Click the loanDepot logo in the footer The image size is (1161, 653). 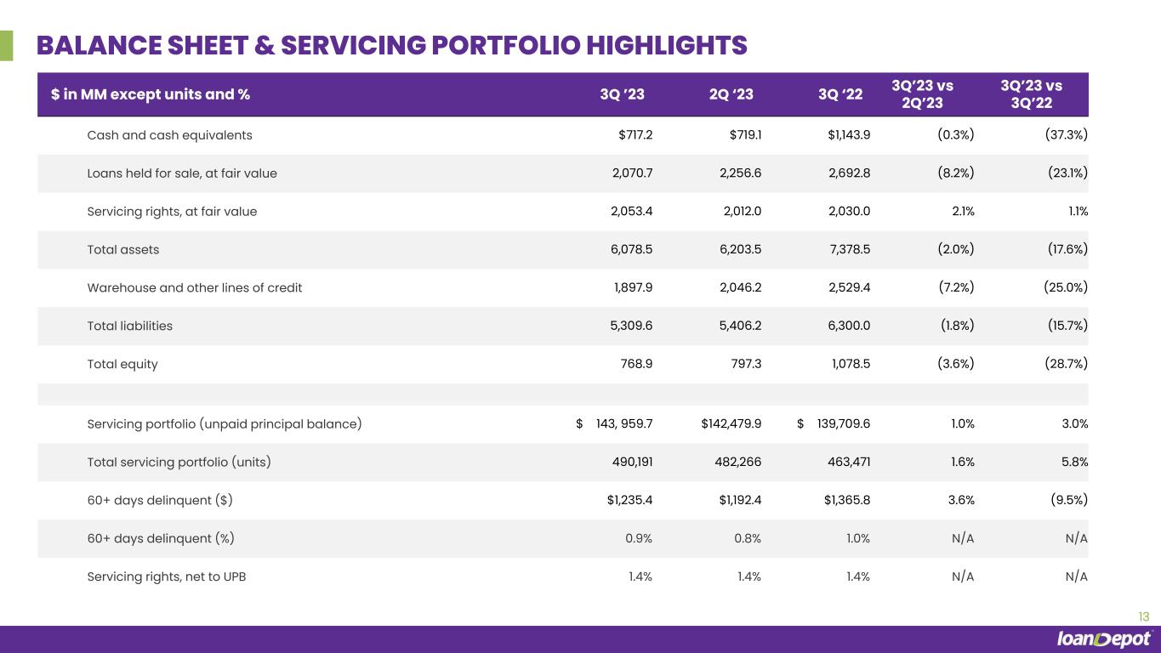click(1104, 639)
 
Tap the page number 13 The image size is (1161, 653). click(1143, 616)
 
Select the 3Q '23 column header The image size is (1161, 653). click(622, 95)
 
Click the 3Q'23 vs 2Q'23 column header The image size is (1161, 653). click(922, 94)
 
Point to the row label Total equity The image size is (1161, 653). click(122, 364)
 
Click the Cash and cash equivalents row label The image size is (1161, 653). click(169, 135)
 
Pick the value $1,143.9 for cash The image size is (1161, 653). click(846, 135)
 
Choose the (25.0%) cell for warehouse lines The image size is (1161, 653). click(1065, 287)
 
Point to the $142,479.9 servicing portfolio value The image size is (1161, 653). click(726, 423)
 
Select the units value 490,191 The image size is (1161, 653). click(629, 462)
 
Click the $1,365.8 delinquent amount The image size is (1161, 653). click(846, 500)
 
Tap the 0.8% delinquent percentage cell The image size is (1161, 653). click(747, 538)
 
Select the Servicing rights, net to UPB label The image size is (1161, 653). click(167, 576)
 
